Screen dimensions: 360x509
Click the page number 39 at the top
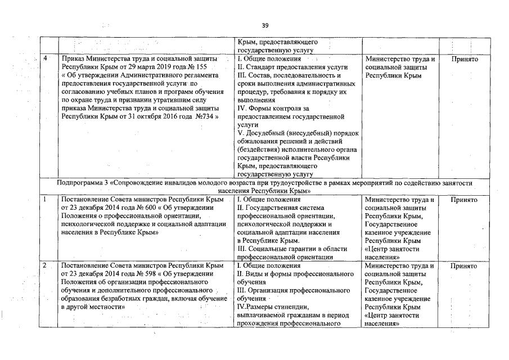click(265, 25)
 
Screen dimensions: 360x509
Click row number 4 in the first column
click(45, 59)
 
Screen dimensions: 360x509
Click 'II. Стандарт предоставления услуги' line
click(285, 67)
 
